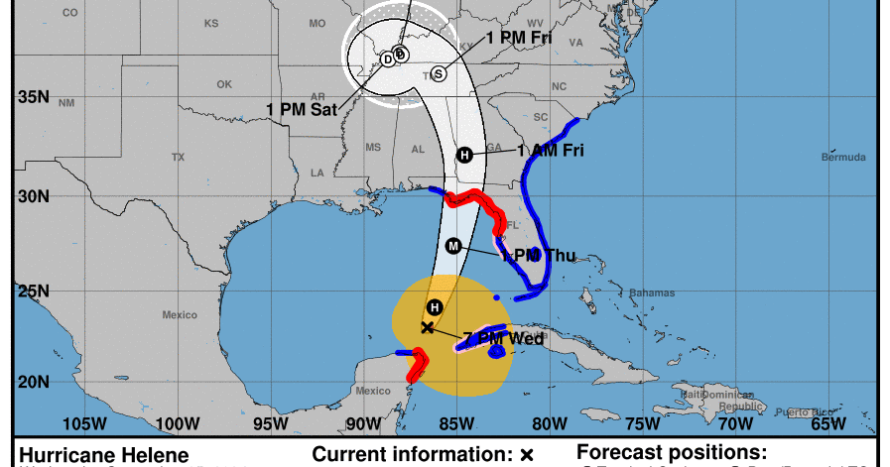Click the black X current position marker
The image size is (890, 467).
point(428,327)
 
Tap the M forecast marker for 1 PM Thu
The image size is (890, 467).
point(453,246)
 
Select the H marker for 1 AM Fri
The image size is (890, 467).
point(463,154)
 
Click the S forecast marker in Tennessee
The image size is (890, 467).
point(439,73)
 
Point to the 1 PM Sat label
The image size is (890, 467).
point(302,109)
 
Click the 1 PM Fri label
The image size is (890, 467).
point(519,40)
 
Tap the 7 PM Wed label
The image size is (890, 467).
point(503,338)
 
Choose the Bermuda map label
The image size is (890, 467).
point(844,158)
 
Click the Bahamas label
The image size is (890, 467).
point(652,292)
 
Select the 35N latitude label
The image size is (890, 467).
point(33,97)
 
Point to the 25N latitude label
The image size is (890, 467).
point(33,291)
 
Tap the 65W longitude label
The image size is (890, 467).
point(827,424)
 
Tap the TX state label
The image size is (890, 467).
point(178,158)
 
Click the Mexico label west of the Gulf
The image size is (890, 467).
point(180,315)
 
